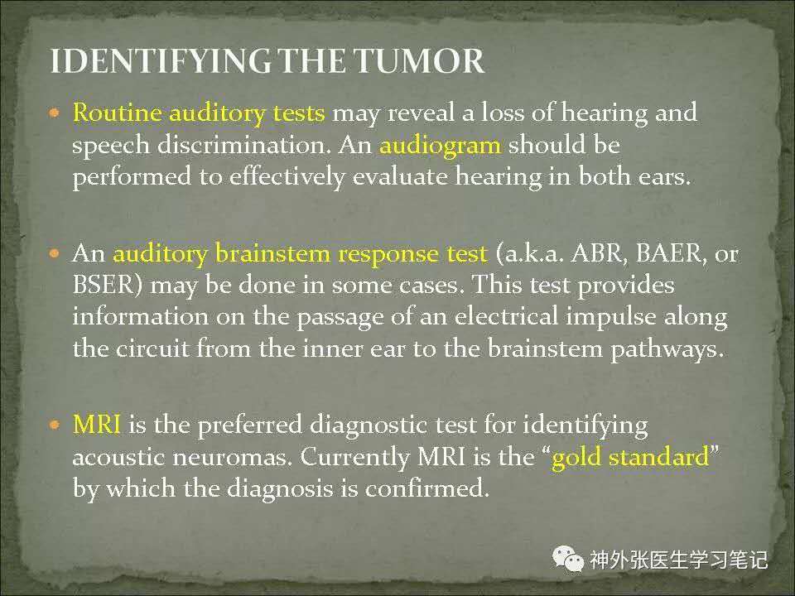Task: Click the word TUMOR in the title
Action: pos(419,60)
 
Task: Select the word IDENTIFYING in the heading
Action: pos(160,60)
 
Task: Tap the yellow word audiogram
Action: pos(440,146)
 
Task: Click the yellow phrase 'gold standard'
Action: pos(630,458)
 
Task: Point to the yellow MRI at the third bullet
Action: pos(97,424)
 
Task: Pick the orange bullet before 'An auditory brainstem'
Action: pos(55,252)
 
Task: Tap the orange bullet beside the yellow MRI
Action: pos(55,424)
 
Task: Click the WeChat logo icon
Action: pos(568,559)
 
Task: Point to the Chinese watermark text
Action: pos(678,560)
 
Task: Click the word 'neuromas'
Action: pos(232,457)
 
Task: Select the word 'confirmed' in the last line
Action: pos(427,488)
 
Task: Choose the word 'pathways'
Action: pos(667,349)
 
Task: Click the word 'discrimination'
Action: pos(243,145)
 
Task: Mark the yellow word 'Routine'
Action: pos(118,112)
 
